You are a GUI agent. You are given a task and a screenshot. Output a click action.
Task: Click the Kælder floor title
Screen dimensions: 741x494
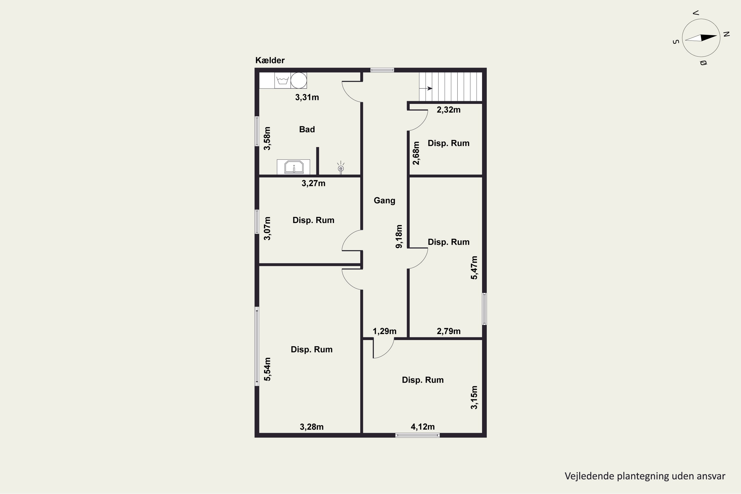point(270,60)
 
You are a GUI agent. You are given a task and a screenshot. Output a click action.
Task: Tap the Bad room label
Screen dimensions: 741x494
point(307,129)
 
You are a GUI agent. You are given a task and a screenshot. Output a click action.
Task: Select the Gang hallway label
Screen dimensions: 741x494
point(384,201)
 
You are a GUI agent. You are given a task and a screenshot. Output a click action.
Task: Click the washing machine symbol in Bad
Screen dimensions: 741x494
point(283,80)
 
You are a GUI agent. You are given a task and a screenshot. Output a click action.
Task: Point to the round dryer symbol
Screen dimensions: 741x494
point(299,80)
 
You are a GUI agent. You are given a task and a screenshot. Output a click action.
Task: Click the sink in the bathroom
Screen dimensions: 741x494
point(294,167)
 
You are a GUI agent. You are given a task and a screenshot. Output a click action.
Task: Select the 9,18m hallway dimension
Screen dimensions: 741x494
point(399,236)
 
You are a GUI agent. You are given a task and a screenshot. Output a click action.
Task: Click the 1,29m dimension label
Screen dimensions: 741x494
point(384,331)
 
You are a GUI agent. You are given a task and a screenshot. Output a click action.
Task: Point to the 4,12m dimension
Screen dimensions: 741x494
point(422,427)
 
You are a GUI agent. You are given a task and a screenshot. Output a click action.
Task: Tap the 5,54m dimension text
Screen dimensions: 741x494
point(267,369)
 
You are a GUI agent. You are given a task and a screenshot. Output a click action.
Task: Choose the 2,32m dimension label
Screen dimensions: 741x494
point(448,110)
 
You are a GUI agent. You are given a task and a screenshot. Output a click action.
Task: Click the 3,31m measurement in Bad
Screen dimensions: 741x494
point(307,97)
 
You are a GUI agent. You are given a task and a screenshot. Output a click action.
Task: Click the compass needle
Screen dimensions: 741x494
point(701,38)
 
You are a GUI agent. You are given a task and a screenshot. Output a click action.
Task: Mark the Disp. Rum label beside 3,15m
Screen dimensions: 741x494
point(422,380)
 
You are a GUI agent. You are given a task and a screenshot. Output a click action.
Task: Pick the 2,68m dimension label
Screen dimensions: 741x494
point(416,153)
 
